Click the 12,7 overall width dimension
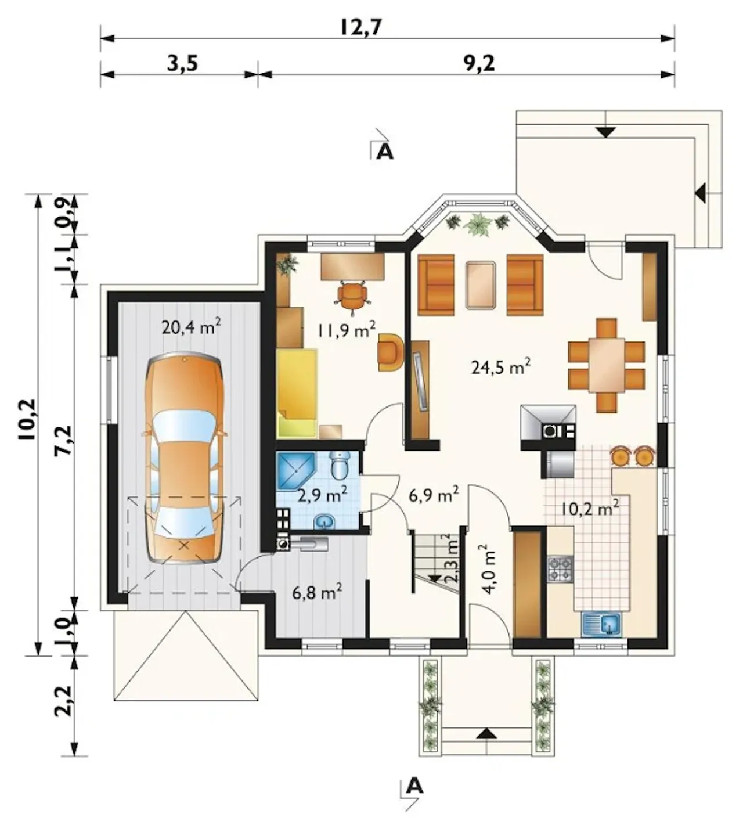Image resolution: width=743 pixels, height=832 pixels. [361, 27]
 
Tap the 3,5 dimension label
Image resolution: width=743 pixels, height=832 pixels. [183, 64]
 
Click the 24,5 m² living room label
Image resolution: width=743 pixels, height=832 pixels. [501, 367]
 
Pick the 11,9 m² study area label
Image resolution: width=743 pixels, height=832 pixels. [347, 330]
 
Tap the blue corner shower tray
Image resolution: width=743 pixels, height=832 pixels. [295, 471]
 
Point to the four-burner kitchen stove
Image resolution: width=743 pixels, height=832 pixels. [560, 569]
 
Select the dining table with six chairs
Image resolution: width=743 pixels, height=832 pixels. [607, 365]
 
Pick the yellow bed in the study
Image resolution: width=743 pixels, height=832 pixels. [297, 393]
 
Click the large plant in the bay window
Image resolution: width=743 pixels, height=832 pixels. [477, 224]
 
